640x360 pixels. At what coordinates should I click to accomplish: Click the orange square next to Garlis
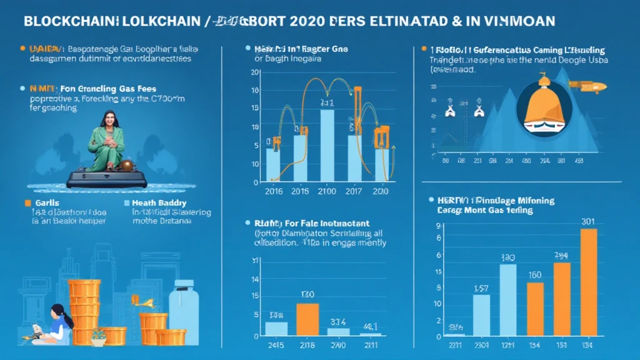pos(27,203)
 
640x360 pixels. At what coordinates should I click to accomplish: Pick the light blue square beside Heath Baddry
pos(127,203)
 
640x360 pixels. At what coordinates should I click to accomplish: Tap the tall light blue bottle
pos(184,312)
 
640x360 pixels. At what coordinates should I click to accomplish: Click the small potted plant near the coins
pos(98,337)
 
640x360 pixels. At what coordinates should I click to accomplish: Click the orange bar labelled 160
pos(535,309)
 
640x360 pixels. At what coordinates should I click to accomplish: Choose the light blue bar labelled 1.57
pos(481,315)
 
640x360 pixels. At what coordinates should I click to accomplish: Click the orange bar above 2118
pos(307,319)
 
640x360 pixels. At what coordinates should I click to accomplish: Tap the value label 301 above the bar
pos(588,221)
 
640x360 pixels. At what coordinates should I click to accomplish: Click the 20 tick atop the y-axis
pos(254,73)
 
